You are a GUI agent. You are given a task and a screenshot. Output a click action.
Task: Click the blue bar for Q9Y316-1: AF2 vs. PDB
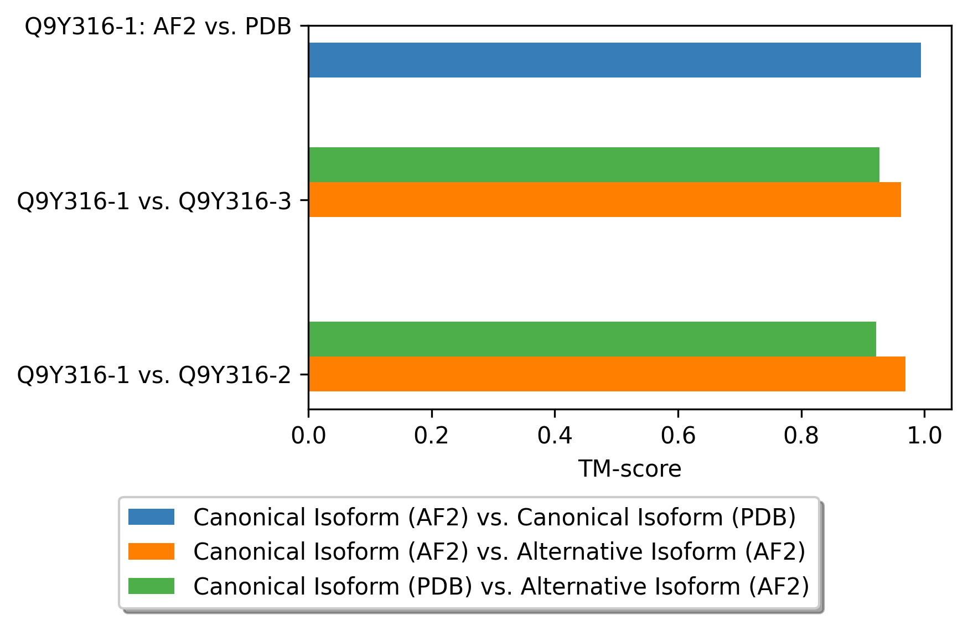614,60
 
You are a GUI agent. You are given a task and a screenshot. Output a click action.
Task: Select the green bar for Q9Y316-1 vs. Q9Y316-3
594,164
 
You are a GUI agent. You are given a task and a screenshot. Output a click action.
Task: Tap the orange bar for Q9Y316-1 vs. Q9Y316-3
605,199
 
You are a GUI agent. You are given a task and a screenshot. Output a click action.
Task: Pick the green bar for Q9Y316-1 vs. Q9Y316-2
592,339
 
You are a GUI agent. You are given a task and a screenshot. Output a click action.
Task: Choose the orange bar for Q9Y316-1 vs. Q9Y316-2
607,374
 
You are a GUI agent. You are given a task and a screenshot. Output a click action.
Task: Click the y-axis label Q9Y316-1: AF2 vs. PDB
158,27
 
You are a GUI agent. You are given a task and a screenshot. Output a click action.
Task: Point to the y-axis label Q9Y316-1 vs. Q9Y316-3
154,201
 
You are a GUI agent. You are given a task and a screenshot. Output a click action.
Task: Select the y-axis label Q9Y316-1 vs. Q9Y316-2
154,375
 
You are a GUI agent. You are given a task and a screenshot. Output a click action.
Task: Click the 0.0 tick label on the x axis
309,436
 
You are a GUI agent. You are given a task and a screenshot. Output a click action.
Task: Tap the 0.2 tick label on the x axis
432,436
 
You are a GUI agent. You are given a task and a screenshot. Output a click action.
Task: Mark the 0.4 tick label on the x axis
555,436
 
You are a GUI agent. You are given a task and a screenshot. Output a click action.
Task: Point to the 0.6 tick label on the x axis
678,436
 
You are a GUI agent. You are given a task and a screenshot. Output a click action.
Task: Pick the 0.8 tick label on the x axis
801,436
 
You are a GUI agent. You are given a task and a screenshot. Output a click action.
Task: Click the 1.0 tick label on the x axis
924,436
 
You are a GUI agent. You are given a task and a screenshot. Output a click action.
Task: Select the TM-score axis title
630,469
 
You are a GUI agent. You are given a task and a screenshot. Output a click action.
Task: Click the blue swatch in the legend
151,517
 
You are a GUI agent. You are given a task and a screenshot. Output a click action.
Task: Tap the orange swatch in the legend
151,551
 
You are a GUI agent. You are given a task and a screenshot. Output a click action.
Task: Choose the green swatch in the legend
151,586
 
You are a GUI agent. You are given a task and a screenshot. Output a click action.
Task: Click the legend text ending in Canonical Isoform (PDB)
495,518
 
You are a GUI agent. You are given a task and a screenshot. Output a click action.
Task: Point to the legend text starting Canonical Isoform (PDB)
501,586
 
